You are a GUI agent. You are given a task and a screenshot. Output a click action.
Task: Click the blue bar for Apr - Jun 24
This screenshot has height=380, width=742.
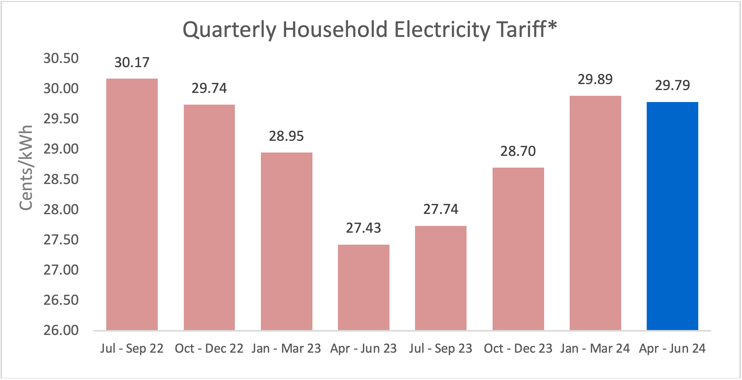(x=672, y=216)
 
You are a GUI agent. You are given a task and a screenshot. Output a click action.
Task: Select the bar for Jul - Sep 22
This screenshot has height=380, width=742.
(x=132, y=204)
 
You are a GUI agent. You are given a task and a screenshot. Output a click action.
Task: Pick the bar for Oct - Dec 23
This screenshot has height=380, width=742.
(x=518, y=249)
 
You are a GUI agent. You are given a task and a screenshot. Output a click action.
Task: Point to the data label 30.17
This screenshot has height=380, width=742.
(x=132, y=62)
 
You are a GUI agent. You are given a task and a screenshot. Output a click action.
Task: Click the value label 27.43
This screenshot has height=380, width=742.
(x=363, y=228)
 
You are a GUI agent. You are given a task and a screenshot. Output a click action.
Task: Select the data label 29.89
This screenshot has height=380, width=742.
(x=595, y=79)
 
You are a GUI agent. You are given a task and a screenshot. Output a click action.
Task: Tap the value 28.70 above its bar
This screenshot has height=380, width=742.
(x=518, y=151)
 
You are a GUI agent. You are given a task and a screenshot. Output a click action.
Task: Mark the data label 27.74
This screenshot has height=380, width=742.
(x=441, y=209)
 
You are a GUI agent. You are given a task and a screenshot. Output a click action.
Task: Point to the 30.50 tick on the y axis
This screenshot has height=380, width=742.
(x=61, y=59)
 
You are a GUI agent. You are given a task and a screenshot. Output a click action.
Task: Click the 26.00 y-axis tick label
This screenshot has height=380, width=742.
(x=61, y=331)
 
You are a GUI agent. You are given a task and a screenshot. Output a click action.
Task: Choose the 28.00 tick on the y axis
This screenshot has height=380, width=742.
(x=61, y=210)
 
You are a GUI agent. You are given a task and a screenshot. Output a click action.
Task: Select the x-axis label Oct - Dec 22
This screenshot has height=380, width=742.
(x=209, y=349)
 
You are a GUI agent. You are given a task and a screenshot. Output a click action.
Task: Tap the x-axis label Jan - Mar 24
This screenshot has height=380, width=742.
(x=595, y=349)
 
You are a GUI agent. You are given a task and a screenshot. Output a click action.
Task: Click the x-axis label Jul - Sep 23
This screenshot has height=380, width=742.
(x=441, y=349)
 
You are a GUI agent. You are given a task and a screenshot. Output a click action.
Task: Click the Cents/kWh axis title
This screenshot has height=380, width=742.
(x=26, y=168)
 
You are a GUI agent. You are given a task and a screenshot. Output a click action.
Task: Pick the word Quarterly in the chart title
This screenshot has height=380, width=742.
(x=229, y=30)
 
